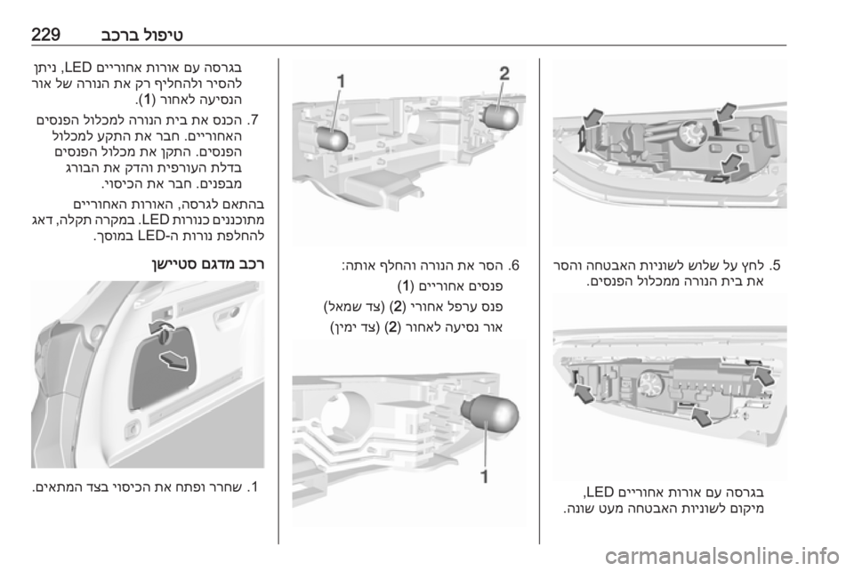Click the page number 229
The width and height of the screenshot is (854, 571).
coord(45,35)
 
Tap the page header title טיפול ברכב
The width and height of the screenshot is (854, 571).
coord(141,35)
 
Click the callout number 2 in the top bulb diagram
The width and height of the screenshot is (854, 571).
coord(505,74)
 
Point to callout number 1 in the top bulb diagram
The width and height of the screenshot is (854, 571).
coord(341,82)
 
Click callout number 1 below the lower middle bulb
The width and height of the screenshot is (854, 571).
coord(484,477)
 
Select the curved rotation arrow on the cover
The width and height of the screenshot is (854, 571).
coord(163,327)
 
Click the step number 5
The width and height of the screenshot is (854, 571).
coord(775,266)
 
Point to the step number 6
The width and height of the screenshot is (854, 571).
coord(513,266)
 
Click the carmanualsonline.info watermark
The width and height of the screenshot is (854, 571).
coord(721,556)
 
